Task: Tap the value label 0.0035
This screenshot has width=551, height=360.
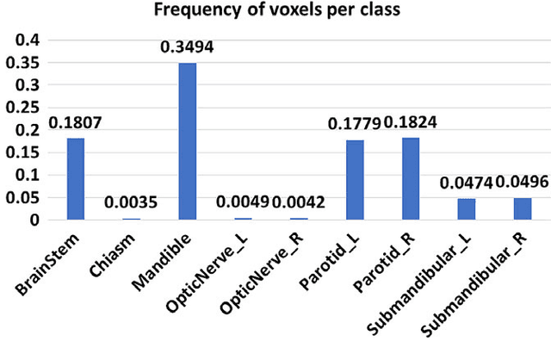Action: click(x=131, y=203)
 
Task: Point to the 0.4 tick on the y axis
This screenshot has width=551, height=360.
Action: click(x=28, y=40)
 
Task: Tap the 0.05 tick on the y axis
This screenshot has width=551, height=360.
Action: click(x=24, y=198)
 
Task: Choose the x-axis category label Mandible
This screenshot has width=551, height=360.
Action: click(x=169, y=256)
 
